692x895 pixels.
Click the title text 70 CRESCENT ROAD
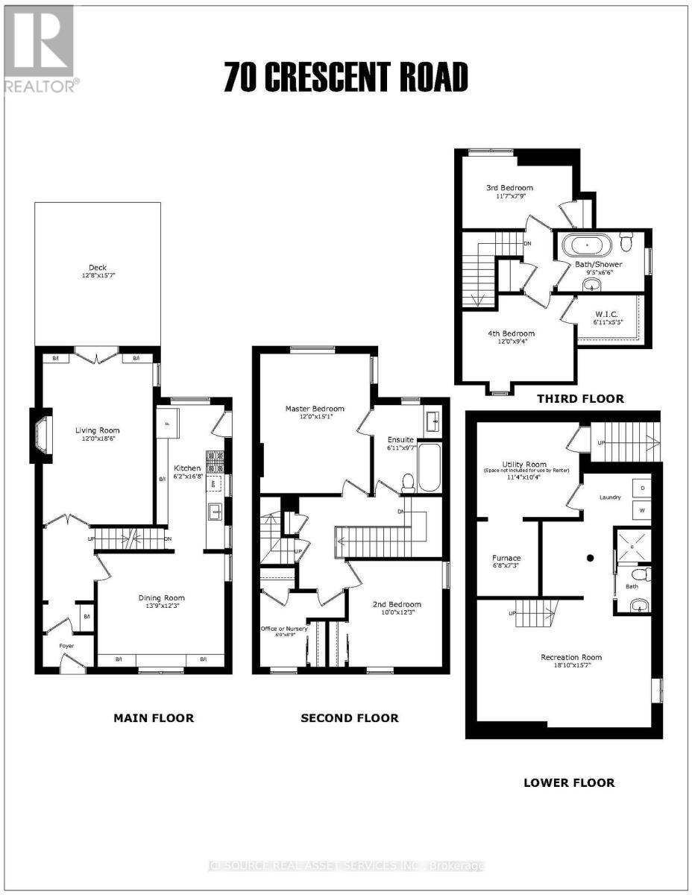(346, 78)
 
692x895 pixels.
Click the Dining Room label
(161, 597)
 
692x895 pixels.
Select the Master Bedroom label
(315, 409)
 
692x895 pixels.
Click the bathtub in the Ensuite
(429, 467)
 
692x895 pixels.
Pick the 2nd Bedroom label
(397, 604)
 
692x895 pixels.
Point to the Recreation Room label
(571, 657)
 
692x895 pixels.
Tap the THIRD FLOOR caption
(580, 399)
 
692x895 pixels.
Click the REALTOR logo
(40, 48)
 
